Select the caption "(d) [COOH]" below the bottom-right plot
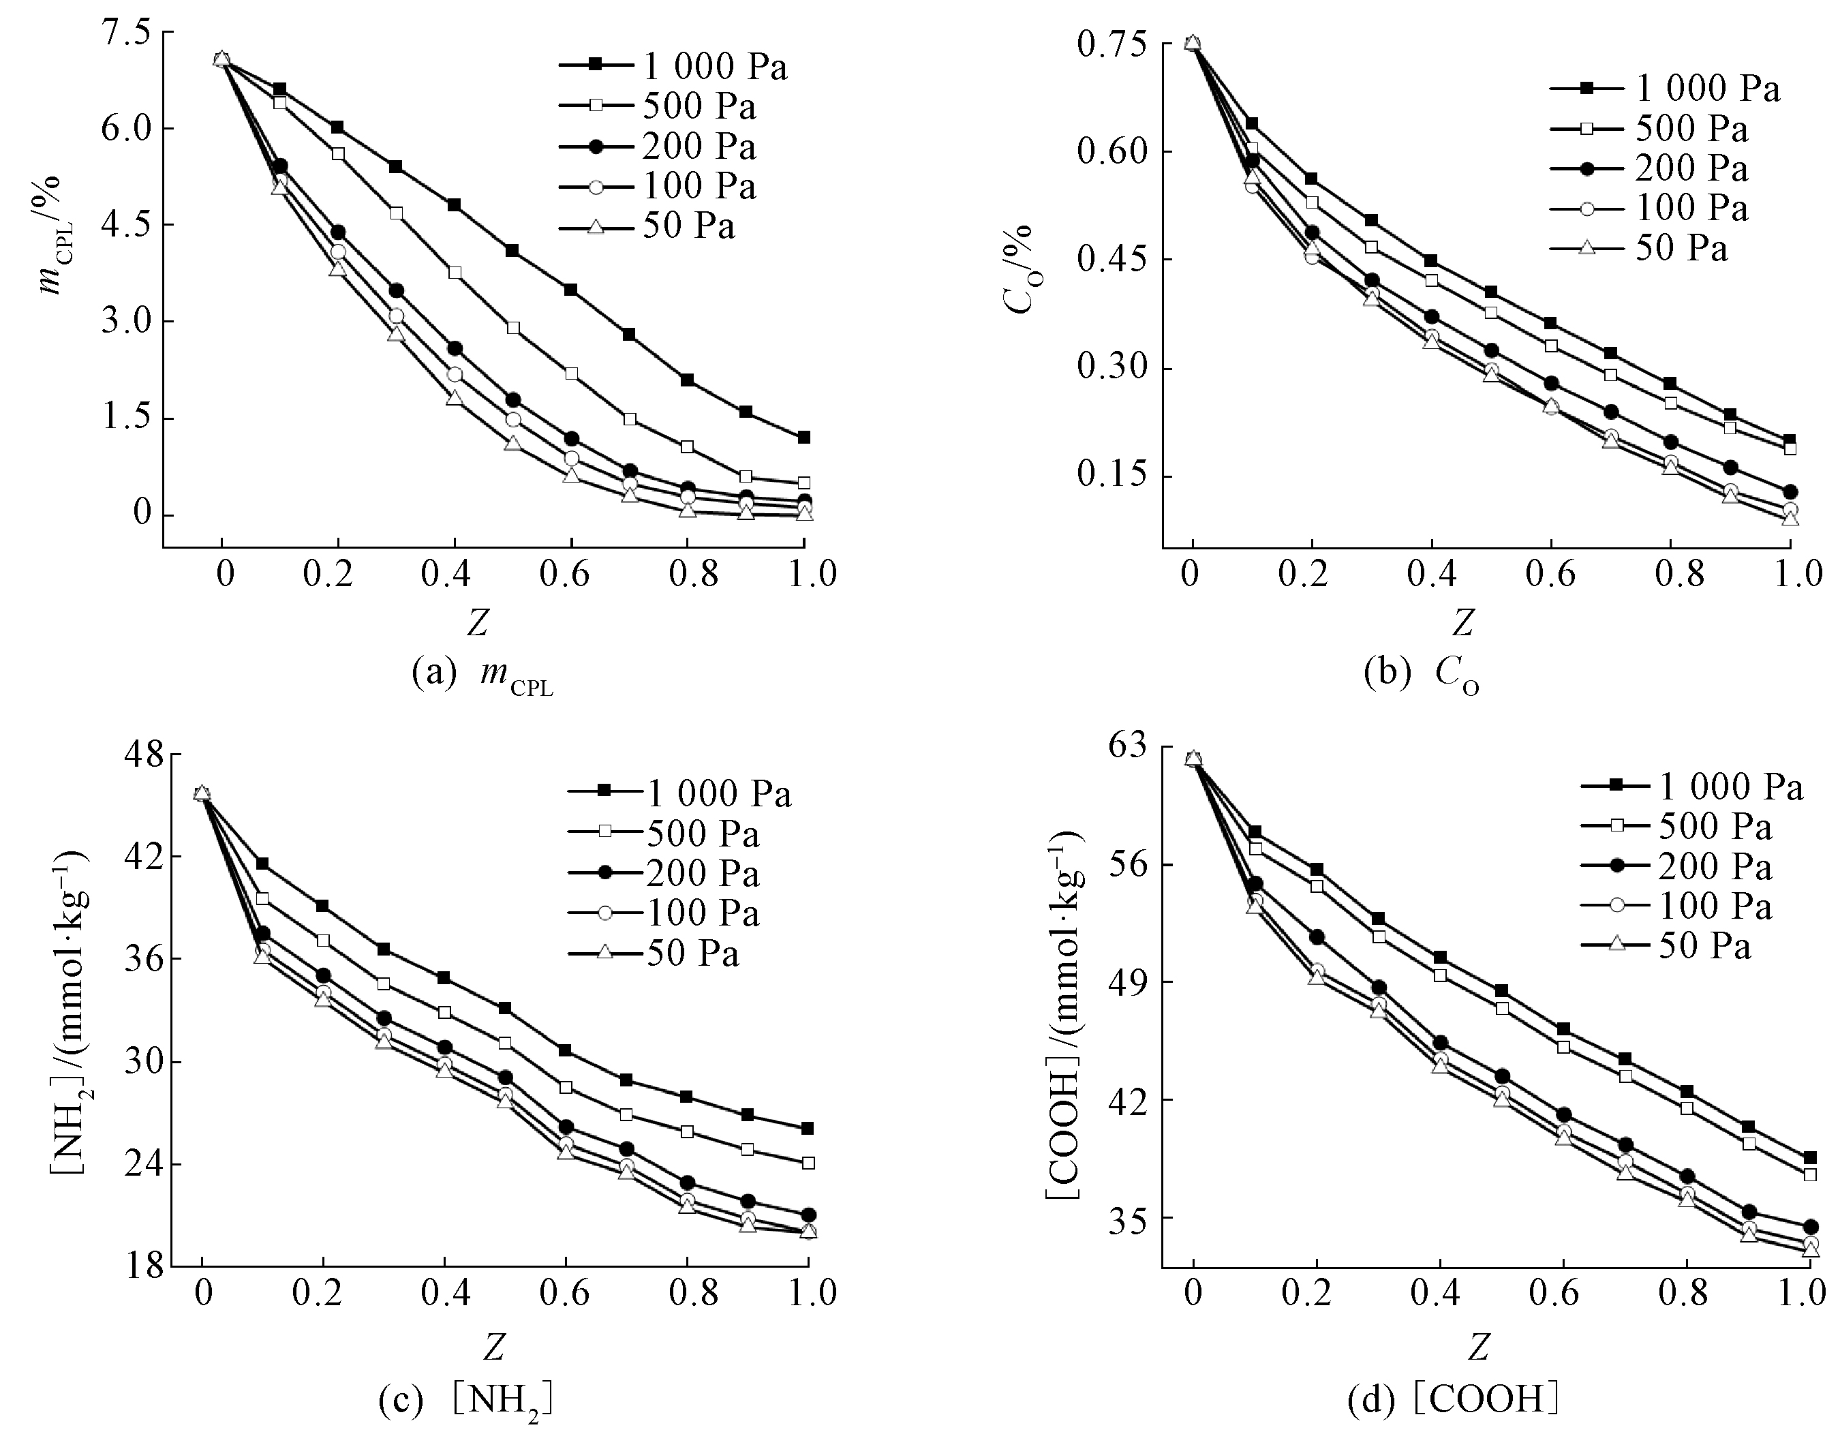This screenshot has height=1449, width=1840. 1453,1400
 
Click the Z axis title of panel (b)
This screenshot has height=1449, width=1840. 1462,624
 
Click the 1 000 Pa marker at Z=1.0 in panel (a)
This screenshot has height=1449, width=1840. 804,438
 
